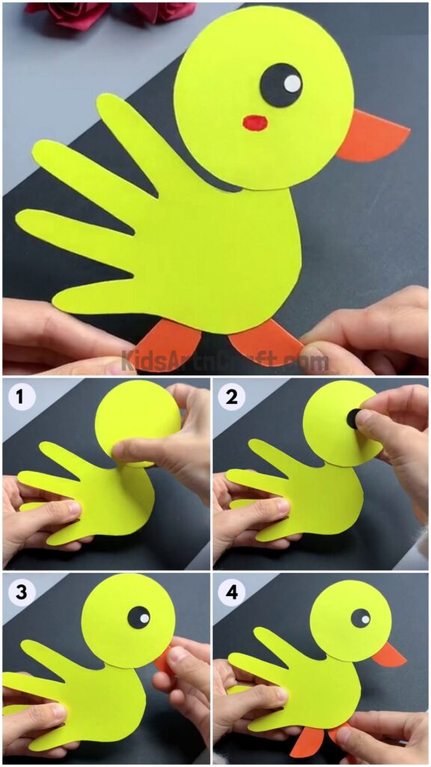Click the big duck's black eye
click(x=281, y=84)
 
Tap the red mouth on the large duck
click(x=255, y=121)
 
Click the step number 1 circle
click(x=20, y=397)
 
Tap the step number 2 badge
click(x=231, y=397)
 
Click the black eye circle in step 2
click(x=352, y=419)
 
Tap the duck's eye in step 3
click(x=138, y=617)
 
